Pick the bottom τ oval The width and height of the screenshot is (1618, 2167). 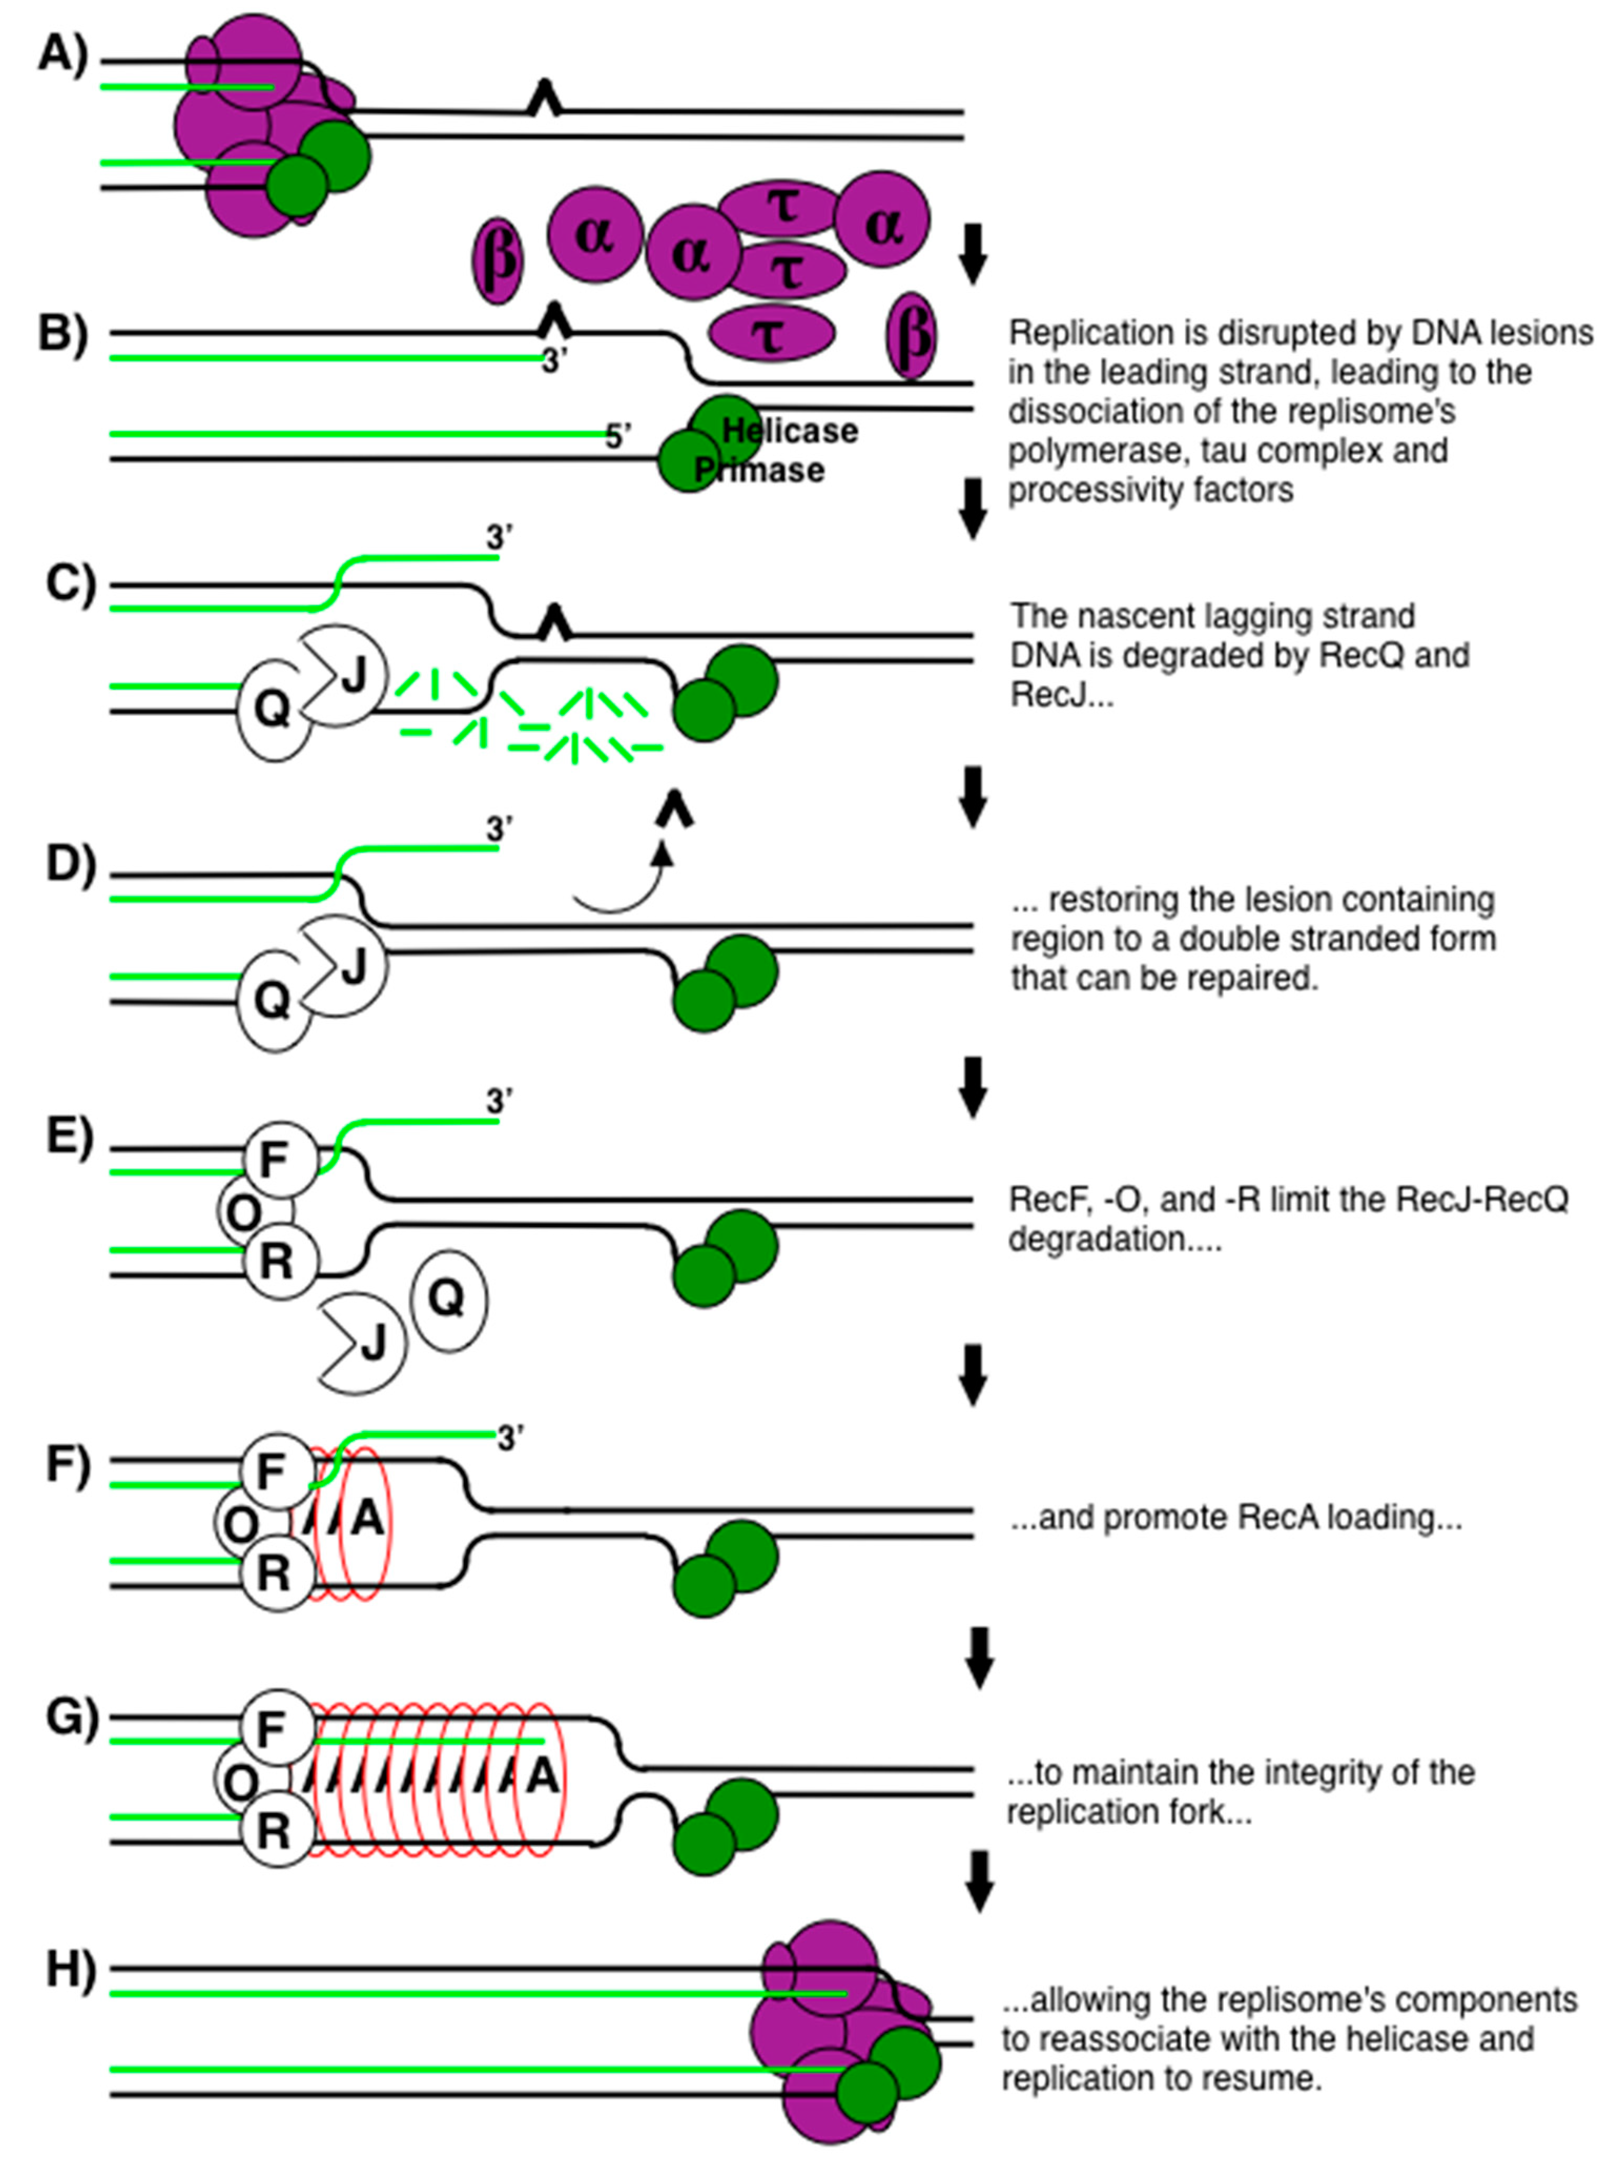pos(772,333)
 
